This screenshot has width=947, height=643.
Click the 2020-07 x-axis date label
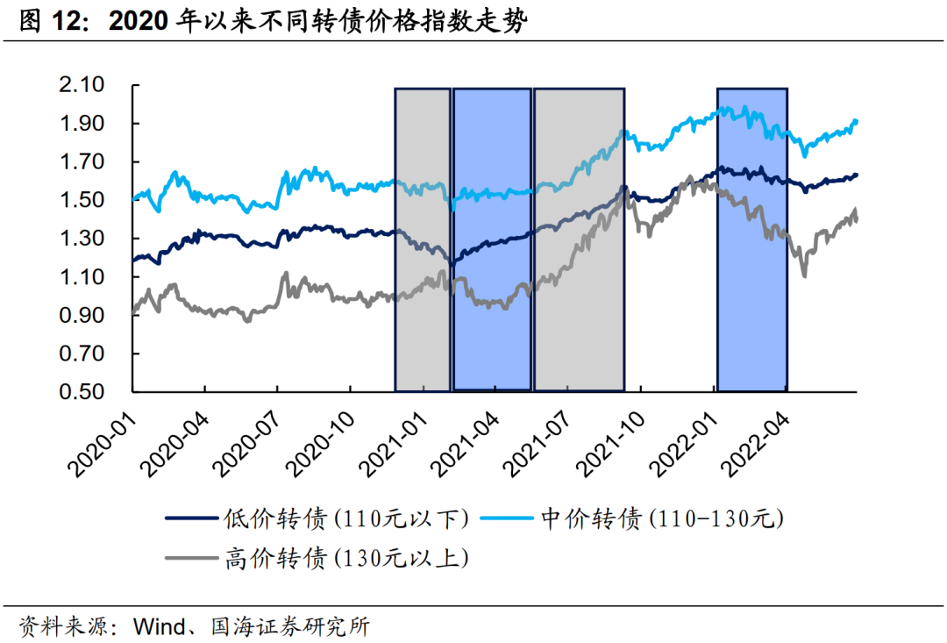(248, 439)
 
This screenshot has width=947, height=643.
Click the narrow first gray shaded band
(423, 239)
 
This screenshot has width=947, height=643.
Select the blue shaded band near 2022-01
(751, 239)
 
